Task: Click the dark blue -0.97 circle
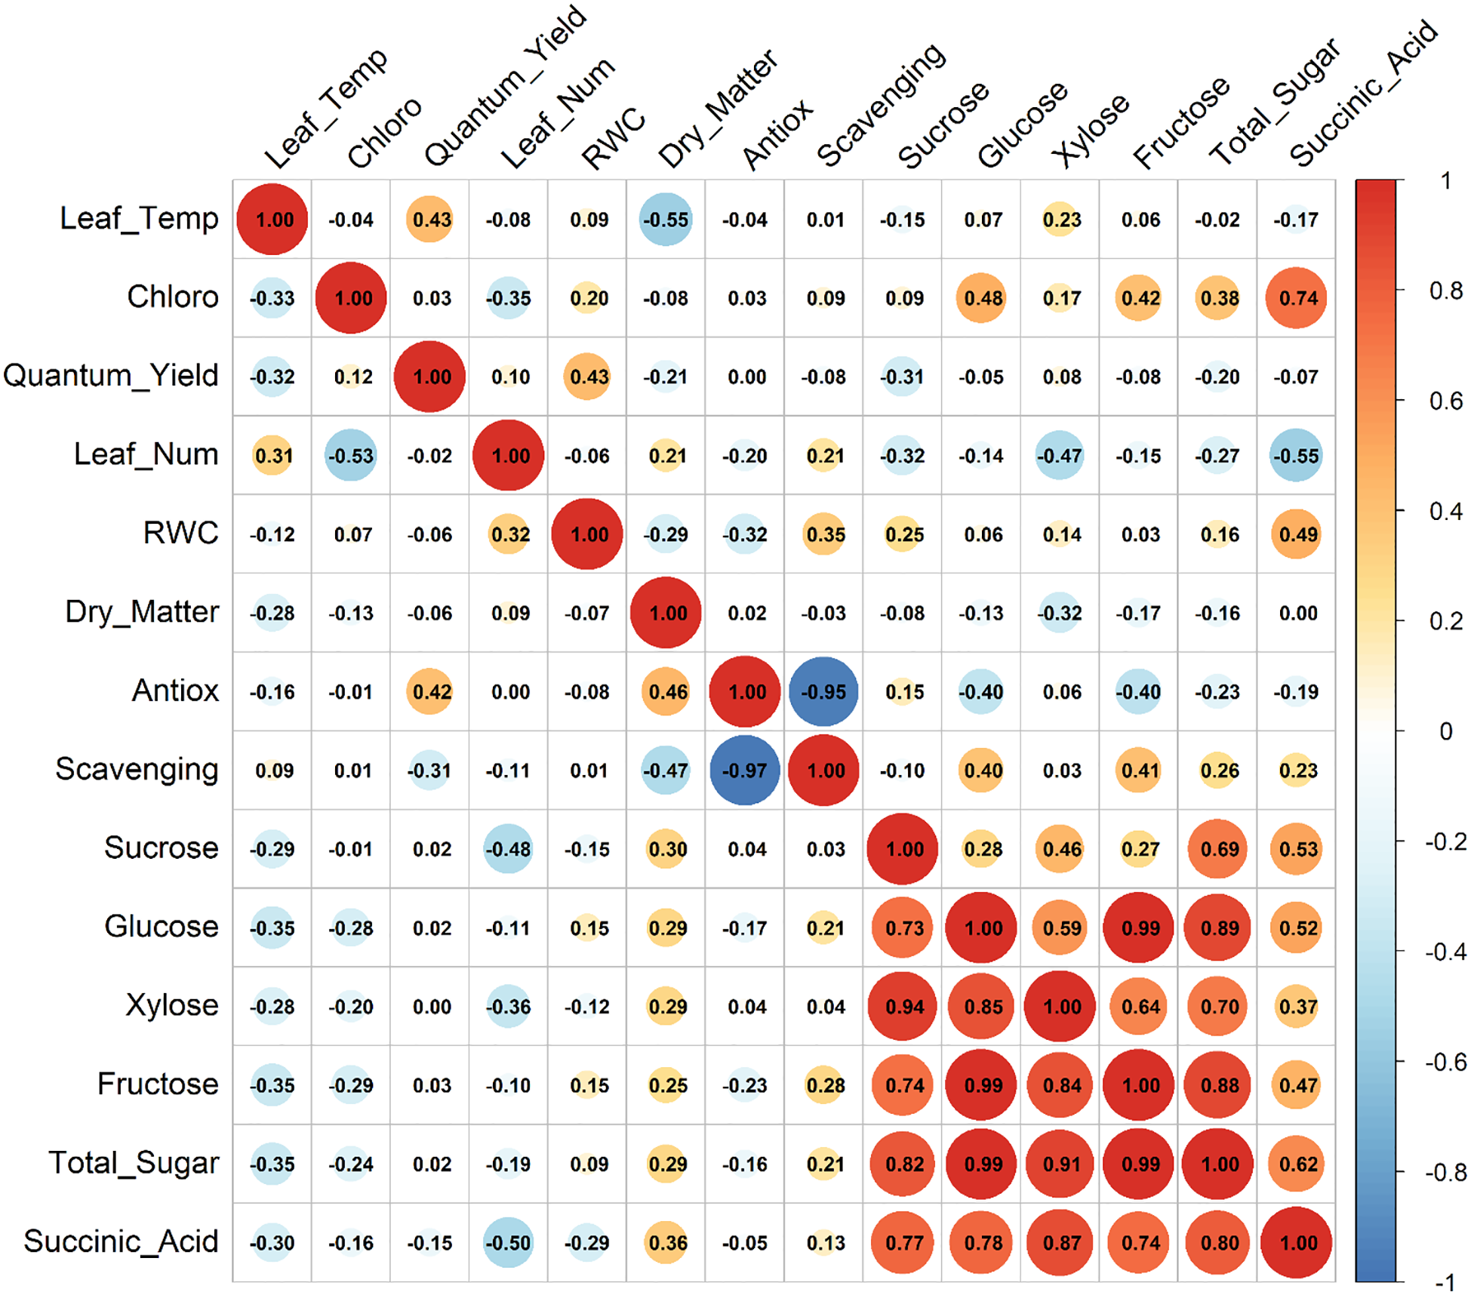[744, 770]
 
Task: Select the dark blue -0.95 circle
[823, 691]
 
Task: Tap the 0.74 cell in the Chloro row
[1296, 298]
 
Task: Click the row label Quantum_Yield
[111, 376]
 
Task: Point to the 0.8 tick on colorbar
[1445, 291]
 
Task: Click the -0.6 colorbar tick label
[1445, 1062]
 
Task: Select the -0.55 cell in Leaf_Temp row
[666, 220]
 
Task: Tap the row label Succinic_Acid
[121, 1241]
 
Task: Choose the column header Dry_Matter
[717, 109]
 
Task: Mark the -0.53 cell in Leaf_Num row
[351, 455]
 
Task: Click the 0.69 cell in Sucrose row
[1217, 849]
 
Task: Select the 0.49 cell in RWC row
[1296, 534]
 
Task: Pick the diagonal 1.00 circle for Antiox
[745, 691]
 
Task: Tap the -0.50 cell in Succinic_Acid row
[508, 1242]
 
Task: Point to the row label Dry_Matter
[142, 612]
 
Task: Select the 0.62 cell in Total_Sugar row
[1296, 1164]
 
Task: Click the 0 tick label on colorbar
[1445, 731]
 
